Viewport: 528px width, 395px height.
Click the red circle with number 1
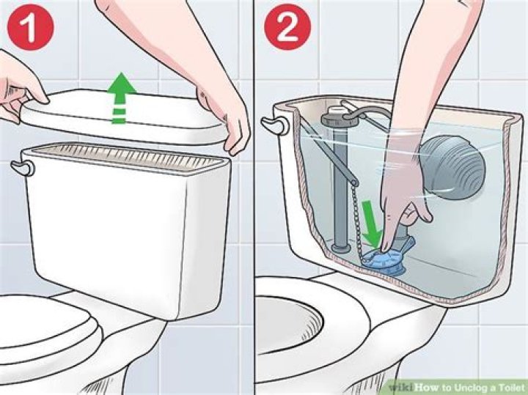pyautogui.click(x=30, y=27)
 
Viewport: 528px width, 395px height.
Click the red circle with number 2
pyautogui.click(x=287, y=27)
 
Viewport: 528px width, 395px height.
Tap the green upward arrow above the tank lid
pyautogui.click(x=122, y=98)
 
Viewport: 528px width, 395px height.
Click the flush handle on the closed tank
pyautogui.click(x=23, y=168)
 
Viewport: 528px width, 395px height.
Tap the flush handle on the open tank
pyautogui.click(x=275, y=125)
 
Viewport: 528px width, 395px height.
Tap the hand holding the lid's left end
pyautogui.click(x=21, y=87)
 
